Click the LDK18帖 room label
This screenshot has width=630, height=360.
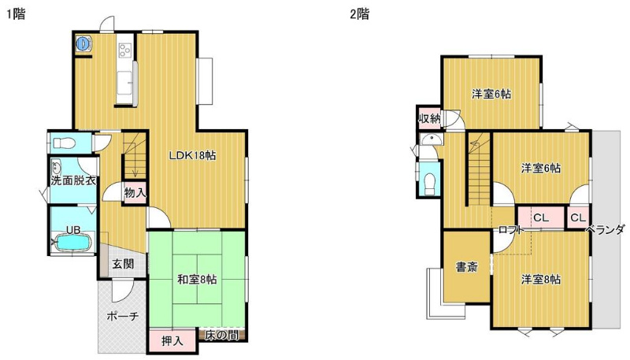coord(192,155)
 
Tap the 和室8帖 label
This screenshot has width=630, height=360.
coord(198,279)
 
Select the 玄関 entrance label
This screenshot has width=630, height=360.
coord(123,264)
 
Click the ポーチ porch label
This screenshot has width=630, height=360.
coord(123,316)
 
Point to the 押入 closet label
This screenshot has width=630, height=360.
coord(172,341)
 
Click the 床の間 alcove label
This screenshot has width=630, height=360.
coord(222,335)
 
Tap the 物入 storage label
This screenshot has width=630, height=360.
coord(135,193)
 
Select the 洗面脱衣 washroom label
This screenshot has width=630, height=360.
coord(73,180)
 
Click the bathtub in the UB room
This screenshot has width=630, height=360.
coord(73,243)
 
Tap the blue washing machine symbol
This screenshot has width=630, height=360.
coord(83,43)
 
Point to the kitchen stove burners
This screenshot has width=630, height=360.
coord(125,50)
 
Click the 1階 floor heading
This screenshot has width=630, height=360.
coord(15,14)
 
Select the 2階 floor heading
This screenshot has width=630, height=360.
coord(359,14)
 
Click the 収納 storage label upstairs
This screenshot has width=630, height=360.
coord(429,118)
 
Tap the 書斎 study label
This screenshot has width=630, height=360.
coord(467,267)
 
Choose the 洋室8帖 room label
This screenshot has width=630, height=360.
coord(541,279)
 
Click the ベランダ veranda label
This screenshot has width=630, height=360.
coord(605,229)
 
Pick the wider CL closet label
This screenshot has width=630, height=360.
coord(541,217)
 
